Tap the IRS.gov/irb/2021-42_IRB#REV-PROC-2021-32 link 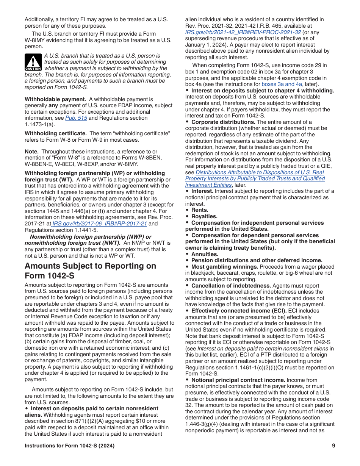(x=243, y=33)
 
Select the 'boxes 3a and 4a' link (x=282, y=84)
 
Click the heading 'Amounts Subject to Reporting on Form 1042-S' (x=90, y=271)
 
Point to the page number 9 (x=333, y=446)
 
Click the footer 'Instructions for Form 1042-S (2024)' (x=69, y=446)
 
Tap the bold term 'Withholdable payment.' (x=55, y=99)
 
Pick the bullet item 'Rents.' (x=199, y=210)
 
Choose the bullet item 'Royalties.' (x=204, y=216)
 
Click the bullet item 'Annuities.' (x=205, y=254)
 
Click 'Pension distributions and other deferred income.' (x=257, y=260)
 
